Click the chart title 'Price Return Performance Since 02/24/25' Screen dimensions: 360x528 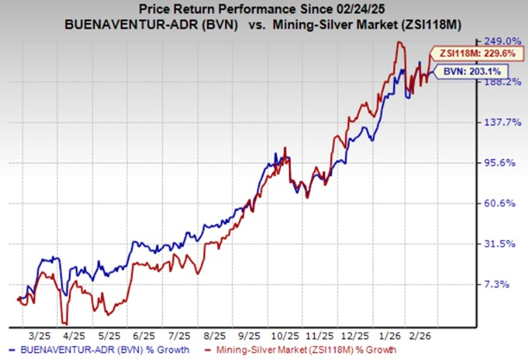(x=264, y=9)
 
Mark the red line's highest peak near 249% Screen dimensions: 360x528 (x=399, y=42)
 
